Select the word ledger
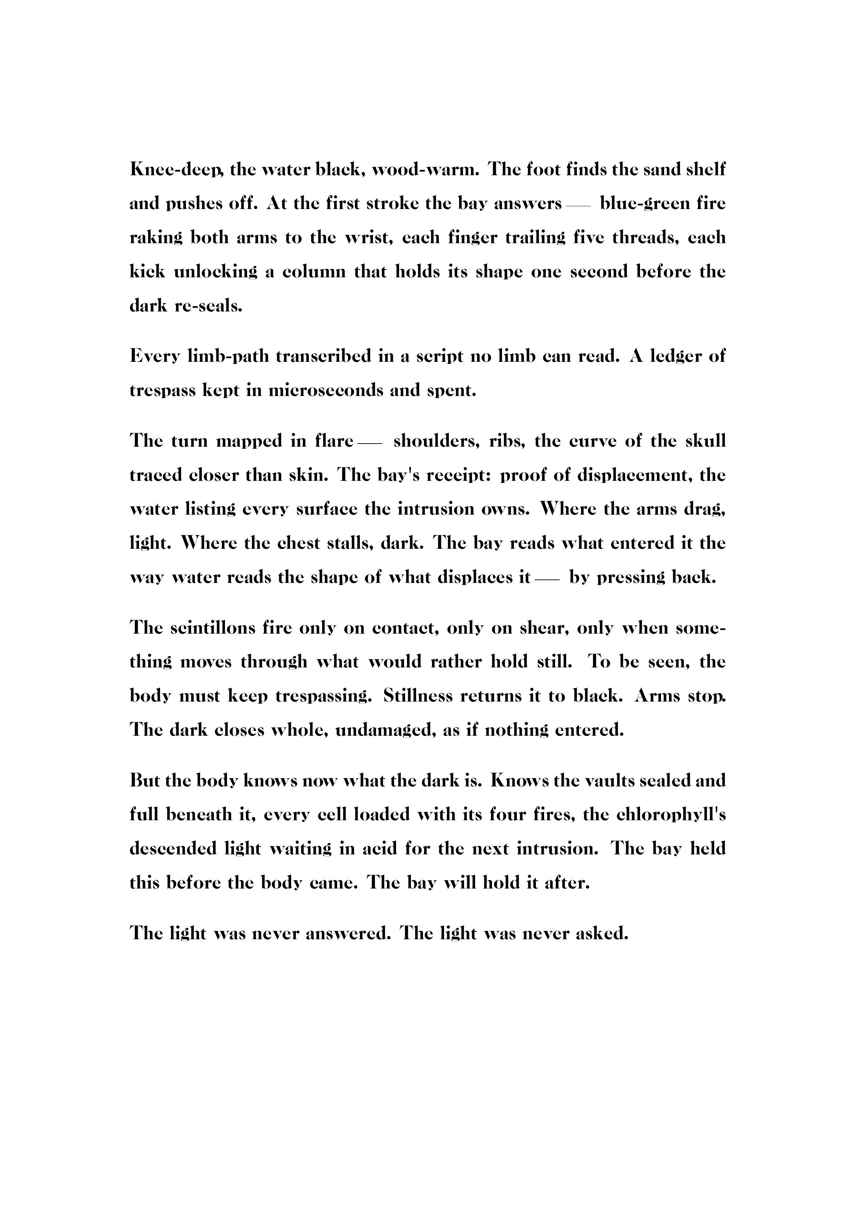click(669, 356)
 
